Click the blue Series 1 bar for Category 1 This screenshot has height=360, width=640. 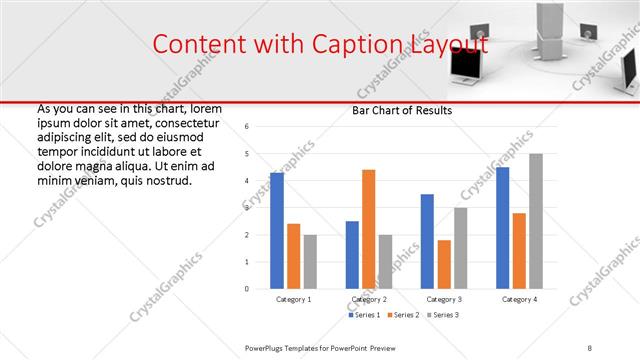277,230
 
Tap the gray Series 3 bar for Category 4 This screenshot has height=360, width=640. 536,221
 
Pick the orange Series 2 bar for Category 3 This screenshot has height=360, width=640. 444,264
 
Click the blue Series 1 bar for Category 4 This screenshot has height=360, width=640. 502,228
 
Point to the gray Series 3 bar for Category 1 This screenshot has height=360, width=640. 310,261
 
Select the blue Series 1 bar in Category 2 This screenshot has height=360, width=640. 352,254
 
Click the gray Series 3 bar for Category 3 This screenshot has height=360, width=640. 460,248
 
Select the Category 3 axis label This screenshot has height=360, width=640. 444,299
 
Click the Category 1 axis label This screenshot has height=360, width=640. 294,299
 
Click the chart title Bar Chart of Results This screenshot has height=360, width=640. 401,110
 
